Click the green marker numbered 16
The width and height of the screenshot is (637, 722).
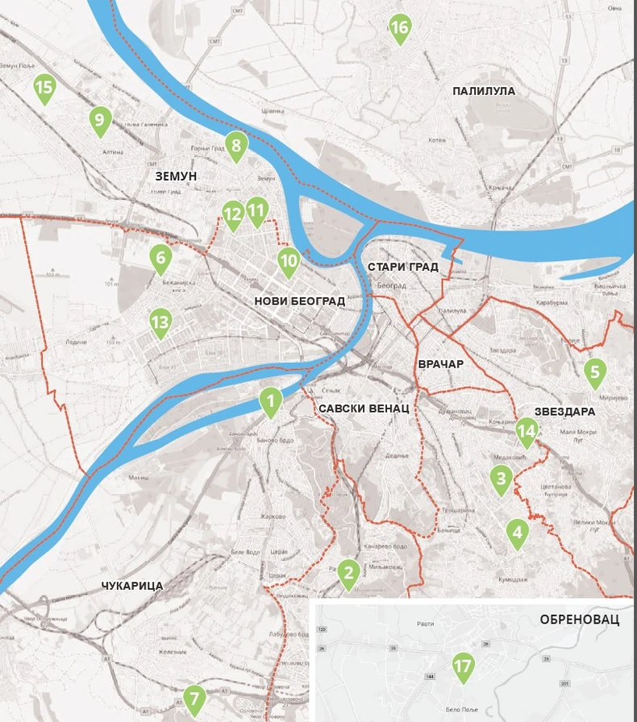click(399, 29)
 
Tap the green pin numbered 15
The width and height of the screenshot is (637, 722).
click(44, 88)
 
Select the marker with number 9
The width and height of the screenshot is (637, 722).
click(99, 121)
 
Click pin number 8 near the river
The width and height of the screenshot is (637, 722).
click(235, 146)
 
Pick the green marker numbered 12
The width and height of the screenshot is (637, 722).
click(232, 214)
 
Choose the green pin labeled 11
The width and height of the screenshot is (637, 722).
click(257, 211)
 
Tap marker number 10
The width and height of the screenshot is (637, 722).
click(289, 260)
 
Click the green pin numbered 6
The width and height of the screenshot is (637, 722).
click(160, 258)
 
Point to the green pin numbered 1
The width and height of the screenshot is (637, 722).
click(271, 400)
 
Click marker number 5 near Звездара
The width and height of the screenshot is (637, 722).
click(595, 371)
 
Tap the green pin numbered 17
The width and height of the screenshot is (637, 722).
click(463, 667)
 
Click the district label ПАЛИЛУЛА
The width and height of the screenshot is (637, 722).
click(484, 91)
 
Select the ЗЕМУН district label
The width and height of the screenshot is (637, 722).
click(175, 176)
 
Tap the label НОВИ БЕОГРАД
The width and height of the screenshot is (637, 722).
click(299, 301)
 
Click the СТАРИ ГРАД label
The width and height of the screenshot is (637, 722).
click(402, 267)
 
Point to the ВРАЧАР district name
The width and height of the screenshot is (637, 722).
click(440, 364)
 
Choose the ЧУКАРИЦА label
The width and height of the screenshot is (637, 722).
click(133, 586)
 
